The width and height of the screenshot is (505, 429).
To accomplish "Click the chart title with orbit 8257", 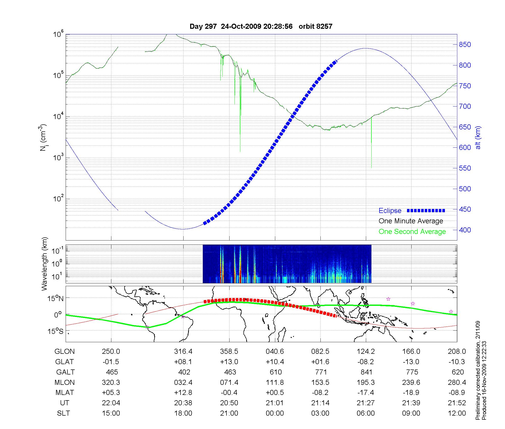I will (x=261, y=26).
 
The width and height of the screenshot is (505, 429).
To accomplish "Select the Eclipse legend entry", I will (x=390, y=211).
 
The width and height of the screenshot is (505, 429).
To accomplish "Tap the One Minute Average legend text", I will (x=411, y=221).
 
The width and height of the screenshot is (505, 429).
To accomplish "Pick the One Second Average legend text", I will (x=412, y=232).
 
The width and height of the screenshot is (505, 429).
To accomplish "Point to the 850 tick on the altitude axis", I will (x=465, y=45).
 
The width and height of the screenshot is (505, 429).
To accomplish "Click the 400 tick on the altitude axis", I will (x=465, y=230).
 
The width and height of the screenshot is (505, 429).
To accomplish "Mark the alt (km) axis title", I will (x=478, y=138).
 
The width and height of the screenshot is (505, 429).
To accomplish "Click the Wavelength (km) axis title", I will (x=45, y=264).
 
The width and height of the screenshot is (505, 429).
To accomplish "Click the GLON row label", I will (x=64, y=352).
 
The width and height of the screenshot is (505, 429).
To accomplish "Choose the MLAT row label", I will (x=65, y=393).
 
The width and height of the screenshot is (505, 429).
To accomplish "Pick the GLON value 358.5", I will (x=229, y=352).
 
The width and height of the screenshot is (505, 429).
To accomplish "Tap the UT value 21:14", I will (x=320, y=403).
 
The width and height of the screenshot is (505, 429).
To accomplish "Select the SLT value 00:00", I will (x=275, y=414).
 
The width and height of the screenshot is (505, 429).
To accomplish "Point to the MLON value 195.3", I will (x=366, y=383).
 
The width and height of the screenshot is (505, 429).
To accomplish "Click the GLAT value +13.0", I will (x=229, y=362).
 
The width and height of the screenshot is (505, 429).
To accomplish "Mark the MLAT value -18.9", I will (x=411, y=393).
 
